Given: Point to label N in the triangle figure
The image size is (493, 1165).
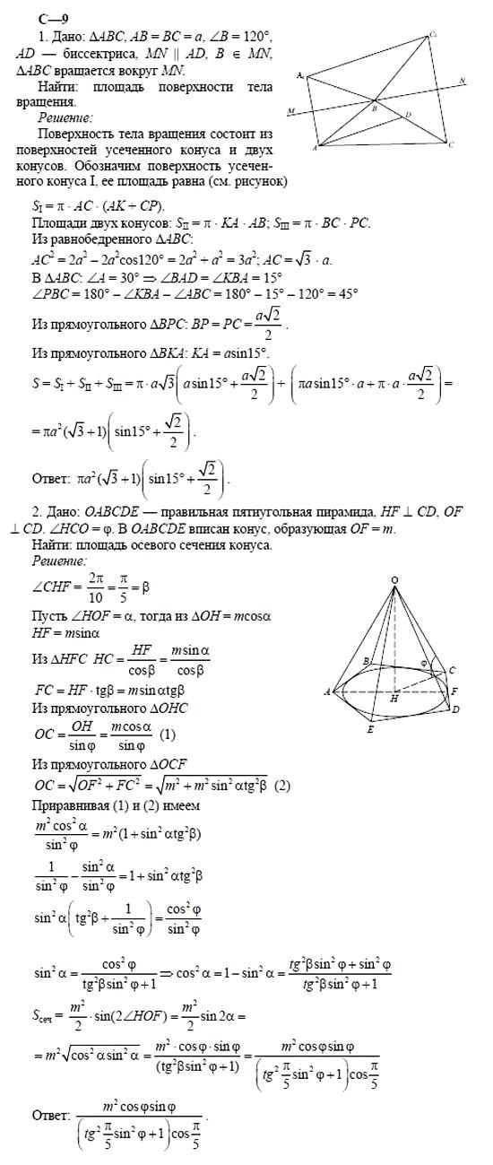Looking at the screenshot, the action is pyautogui.click(x=461, y=80).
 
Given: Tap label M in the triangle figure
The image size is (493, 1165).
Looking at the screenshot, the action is pyautogui.click(x=291, y=111).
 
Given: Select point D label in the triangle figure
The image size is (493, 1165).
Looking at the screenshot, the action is pyautogui.click(x=408, y=114).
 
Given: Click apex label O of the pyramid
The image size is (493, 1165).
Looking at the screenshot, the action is pyautogui.click(x=394, y=580).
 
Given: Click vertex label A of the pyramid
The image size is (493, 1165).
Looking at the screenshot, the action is pyautogui.click(x=327, y=691).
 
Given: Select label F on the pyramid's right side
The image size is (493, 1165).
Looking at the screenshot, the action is pyautogui.click(x=455, y=691).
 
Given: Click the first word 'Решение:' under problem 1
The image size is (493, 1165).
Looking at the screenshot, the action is pyautogui.click(x=65, y=117).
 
